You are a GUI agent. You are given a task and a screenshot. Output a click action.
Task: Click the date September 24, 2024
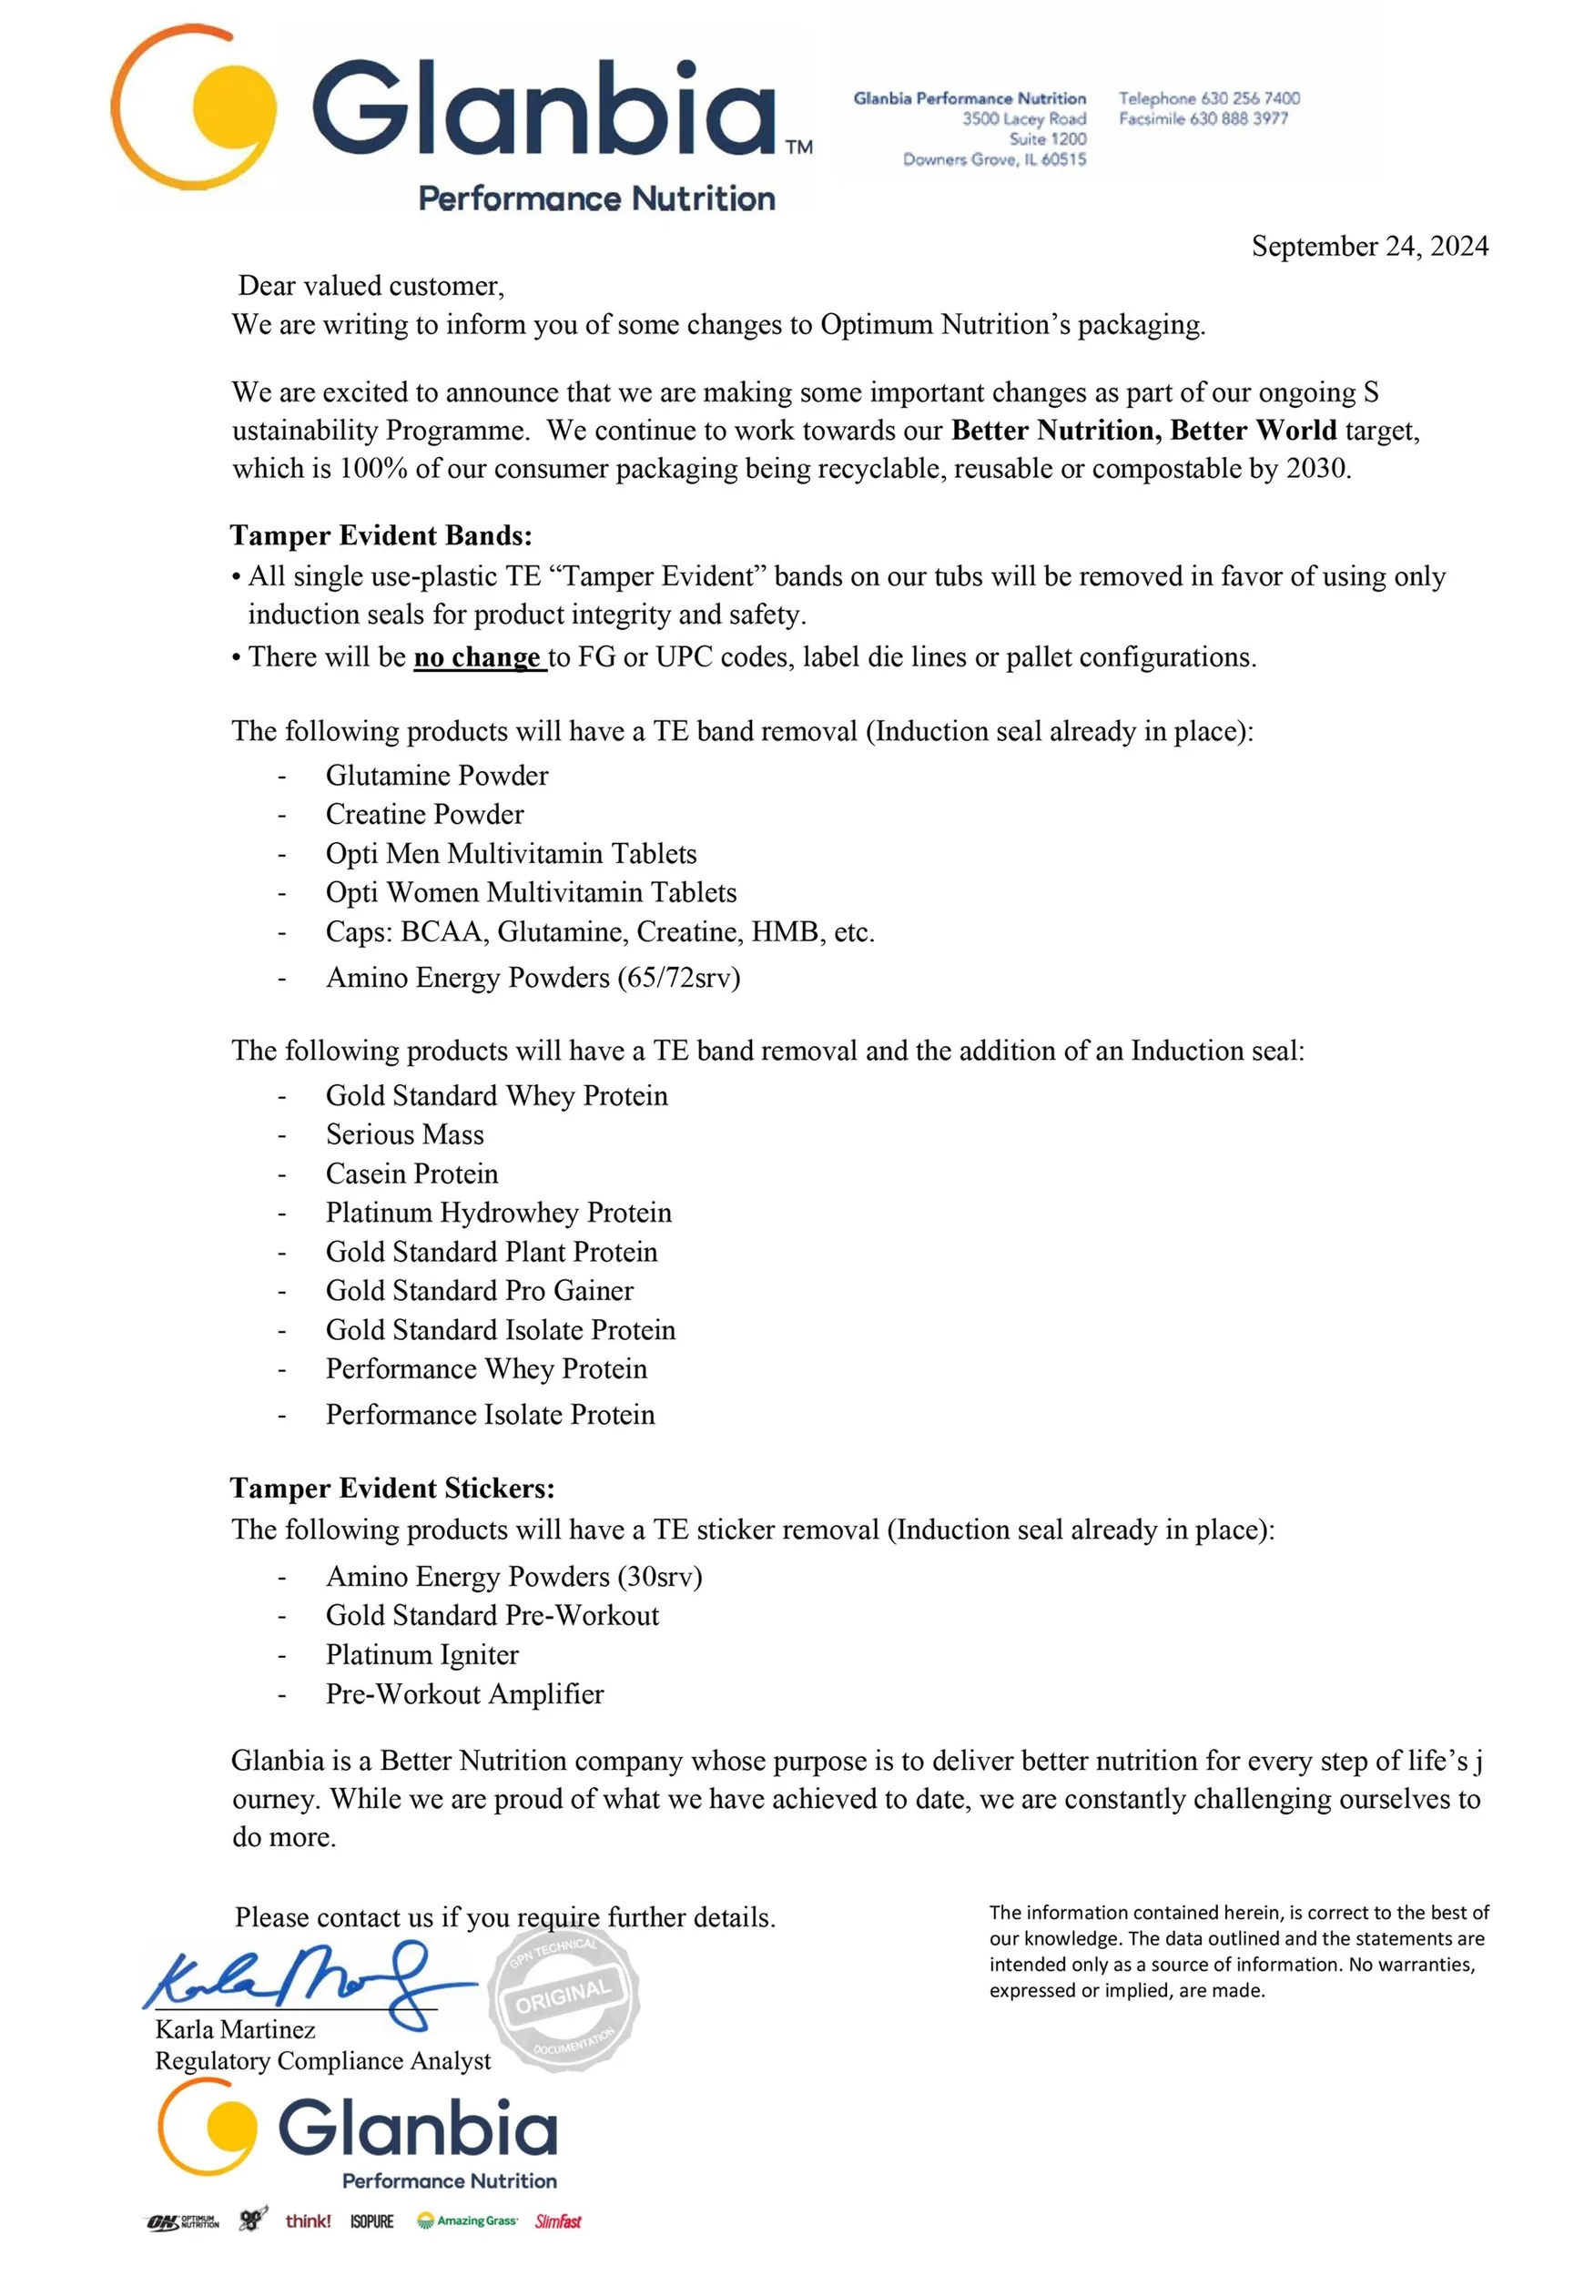(x=1369, y=246)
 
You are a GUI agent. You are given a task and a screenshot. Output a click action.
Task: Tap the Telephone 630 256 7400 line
(x=1208, y=98)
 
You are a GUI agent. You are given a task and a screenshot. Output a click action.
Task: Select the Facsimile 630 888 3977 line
(x=1203, y=119)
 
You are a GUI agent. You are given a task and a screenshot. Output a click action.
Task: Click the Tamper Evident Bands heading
(x=381, y=535)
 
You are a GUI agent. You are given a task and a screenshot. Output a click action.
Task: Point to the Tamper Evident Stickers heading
(x=392, y=1488)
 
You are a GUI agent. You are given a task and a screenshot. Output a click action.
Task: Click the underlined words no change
(x=479, y=657)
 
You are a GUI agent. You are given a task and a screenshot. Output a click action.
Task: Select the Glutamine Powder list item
(x=436, y=775)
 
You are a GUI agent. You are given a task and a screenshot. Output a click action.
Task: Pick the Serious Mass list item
(x=404, y=1134)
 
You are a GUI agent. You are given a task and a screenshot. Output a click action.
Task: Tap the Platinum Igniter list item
(x=421, y=1654)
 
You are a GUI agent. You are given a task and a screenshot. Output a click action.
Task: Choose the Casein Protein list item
(x=411, y=1174)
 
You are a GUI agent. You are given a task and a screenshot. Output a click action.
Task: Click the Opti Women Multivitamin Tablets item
(x=531, y=892)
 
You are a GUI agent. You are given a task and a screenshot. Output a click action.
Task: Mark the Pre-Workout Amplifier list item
(x=464, y=1694)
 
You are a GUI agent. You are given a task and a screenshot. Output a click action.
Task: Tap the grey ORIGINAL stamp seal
(x=563, y=1994)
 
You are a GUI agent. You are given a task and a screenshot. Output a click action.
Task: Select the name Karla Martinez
(x=235, y=2029)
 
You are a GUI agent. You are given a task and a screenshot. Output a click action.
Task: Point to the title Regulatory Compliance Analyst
(x=322, y=2060)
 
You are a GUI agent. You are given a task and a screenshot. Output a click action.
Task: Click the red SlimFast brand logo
(x=558, y=2221)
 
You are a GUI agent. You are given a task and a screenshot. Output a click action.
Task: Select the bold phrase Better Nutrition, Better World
(x=1142, y=431)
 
